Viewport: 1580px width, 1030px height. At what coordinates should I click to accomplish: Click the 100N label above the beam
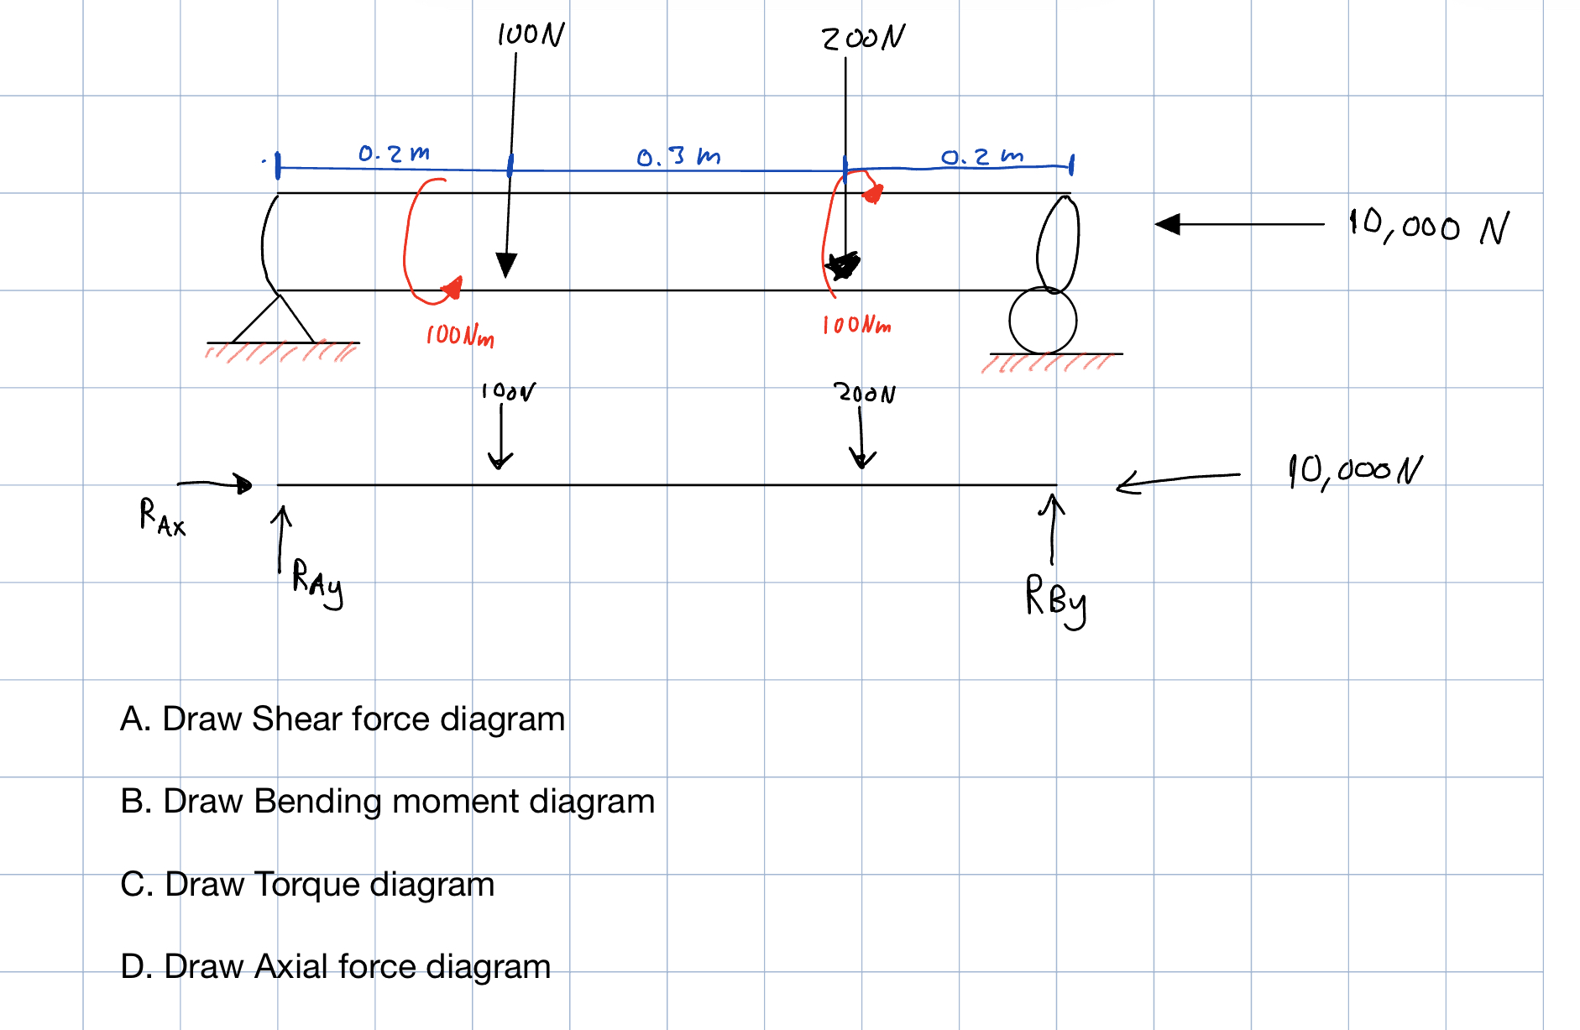coord(531,34)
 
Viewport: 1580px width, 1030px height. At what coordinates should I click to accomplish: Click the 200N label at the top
coord(863,38)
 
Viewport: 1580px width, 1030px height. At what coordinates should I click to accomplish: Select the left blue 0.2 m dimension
coord(394,154)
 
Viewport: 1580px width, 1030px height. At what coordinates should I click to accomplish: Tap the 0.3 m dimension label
coord(678,157)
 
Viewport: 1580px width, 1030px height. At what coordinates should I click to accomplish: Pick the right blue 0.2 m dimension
coord(981,157)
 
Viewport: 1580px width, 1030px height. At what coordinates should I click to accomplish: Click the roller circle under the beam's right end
coord(1043,321)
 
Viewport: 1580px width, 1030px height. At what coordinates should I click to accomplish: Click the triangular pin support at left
coord(275,322)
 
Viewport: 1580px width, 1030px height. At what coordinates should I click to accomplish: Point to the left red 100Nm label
coord(460,336)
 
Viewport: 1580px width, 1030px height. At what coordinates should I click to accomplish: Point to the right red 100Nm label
coord(856,325)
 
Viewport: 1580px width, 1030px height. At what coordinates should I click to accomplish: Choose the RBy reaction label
coord(1055,599)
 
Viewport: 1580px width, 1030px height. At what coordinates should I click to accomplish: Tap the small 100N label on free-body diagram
coord(508,392)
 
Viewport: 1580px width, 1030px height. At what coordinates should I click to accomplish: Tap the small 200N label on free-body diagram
coord(864,393)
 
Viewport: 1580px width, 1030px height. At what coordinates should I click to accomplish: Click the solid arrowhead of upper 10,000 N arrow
coord(1168,224)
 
